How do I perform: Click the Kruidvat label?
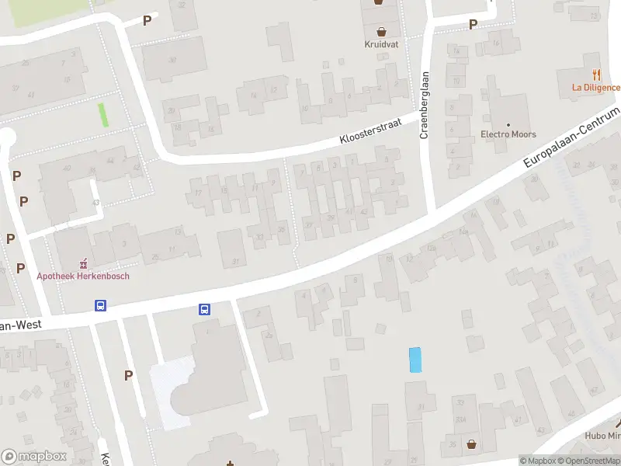click(381, 44)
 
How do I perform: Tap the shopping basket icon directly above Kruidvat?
click(381, 31)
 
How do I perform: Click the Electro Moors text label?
click(508, 134)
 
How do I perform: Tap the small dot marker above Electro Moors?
click(509, 124)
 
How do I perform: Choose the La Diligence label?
click(596, 87)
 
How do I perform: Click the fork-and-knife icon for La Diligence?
click(596, 75)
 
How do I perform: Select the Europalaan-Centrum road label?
click(573, 138)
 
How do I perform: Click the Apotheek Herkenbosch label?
click(83, 276)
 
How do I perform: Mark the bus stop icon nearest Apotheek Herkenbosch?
click(100, 305)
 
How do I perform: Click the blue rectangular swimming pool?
click(415, 360)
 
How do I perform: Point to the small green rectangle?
click(103, 115)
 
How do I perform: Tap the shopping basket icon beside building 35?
click(471, 445)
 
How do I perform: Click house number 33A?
click(460, 419)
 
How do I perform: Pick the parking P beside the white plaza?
click(129, 375)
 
